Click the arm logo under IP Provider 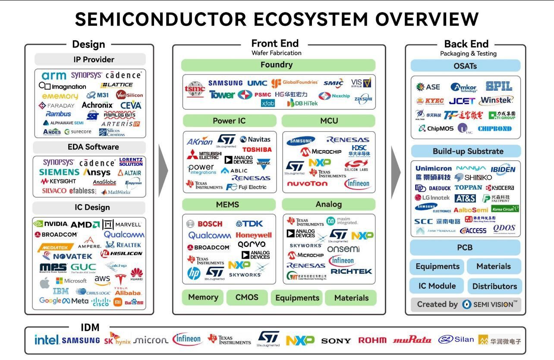click(54, 76)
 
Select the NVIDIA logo click(51, 224)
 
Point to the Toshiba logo click(256, 149)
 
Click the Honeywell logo click(254, 235)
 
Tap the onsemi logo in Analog click(343, 249)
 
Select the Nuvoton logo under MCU click(307, 183)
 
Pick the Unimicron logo click(433, 168)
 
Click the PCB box click(465, 248)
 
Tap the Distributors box click(494, 286)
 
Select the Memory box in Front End click(203, 297)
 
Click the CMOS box click(247, 297)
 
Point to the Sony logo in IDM click(336, 341)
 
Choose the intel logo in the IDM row click(47, 340)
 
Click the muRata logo click(412, 340)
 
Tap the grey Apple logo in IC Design click(45, 283)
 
